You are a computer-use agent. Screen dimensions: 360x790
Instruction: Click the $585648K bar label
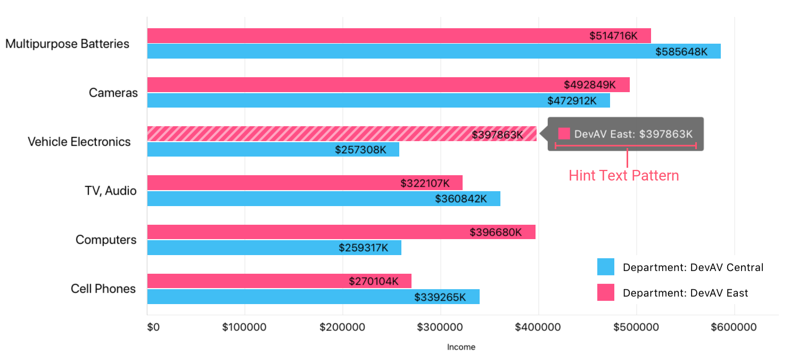click(x=681, y=52)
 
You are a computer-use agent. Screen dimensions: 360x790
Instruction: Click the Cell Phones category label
click(x=103, y=289)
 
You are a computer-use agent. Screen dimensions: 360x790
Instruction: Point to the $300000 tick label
click(x=440, y=326)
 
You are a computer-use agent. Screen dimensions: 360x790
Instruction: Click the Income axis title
click(x=461, y=347)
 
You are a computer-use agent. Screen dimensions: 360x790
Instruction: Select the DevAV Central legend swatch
click(x=606, y=267)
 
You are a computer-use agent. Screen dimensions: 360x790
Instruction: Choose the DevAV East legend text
click(x=685, y=293)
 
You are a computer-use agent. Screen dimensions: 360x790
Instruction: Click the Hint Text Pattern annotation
click(x=624, y=176)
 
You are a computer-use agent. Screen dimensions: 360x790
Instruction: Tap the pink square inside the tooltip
click(x=564, y=134)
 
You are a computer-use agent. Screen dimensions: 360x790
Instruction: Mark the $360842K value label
click(x=461, y=199)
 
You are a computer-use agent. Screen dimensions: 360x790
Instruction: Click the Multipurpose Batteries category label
click(x=67, y=44)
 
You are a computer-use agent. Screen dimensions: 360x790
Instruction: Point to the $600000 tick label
click(x=734, y=326)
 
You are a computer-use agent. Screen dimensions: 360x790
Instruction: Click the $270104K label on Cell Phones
click(x=374, y=281)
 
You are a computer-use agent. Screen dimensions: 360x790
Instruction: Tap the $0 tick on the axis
click(x=153, y=326)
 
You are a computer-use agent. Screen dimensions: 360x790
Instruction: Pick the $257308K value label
click(x=361, y=150)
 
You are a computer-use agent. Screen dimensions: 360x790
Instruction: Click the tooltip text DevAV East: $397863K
click(x=633, y=134)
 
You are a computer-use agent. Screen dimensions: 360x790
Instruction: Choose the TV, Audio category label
click(x=110, y=191)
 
